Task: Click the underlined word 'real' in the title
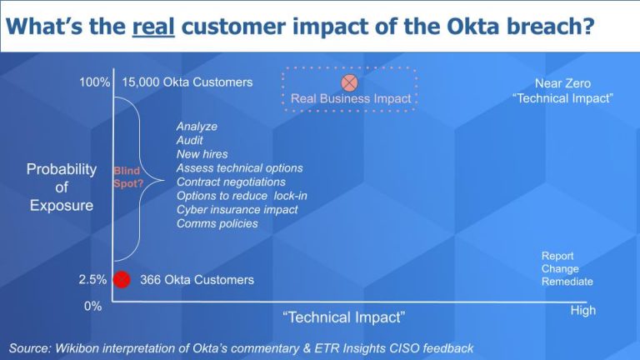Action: click(153, 26)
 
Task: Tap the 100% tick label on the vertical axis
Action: click(95, 82)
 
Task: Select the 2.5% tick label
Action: click(92, 280)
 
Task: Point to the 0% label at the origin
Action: click(92, 306)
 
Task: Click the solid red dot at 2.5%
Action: click(122, 279)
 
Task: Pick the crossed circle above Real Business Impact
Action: click(350, 82)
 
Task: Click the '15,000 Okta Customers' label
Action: click(187, 82)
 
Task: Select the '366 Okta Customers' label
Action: click(197, 280)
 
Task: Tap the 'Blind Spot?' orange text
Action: click(127, 176)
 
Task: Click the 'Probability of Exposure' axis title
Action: click(62, 187)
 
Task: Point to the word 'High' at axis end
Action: click(582, 310)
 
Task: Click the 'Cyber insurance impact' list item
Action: click(237, 210)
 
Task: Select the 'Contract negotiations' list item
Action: click(231, 182)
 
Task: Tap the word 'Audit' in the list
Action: click(190, 140)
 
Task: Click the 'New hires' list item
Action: click(202, 154)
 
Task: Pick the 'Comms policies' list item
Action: click(217, 223)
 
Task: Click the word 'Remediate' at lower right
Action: click(567, 282)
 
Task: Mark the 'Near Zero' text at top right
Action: click(562, 83)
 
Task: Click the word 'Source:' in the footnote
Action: click(31, 347)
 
